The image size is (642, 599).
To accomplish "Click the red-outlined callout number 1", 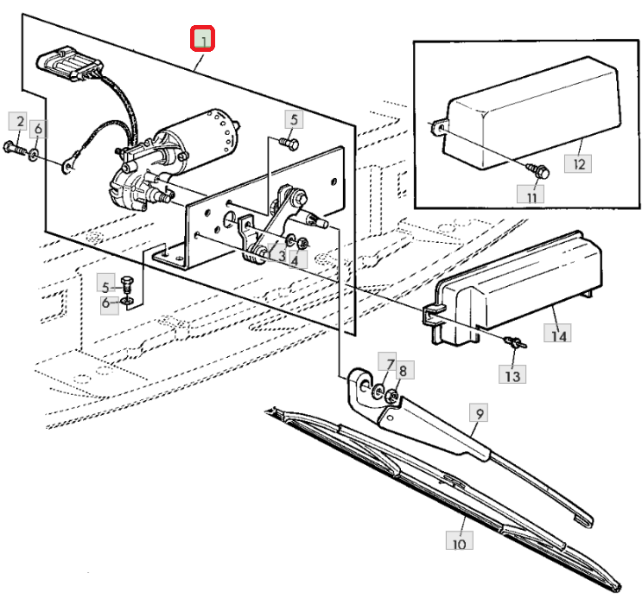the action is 202,39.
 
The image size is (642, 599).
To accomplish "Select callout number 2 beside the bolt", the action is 18,122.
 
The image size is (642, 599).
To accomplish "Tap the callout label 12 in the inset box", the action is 578,164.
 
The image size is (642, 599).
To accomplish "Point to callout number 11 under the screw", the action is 531,194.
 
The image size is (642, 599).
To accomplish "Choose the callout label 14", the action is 557,332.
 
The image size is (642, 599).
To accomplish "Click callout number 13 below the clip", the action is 512,373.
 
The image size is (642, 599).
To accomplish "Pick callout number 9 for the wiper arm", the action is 479,413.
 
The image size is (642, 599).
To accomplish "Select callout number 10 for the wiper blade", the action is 460,540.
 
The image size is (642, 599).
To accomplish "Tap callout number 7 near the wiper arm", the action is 387,362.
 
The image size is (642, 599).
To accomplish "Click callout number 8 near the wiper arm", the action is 404,370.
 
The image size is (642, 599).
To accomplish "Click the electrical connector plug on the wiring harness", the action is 70,63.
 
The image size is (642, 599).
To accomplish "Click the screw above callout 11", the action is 540,170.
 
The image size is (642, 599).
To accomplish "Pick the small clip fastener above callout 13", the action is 515,341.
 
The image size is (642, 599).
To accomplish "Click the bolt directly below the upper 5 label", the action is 289,143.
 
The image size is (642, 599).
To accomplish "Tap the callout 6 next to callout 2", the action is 38,129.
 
